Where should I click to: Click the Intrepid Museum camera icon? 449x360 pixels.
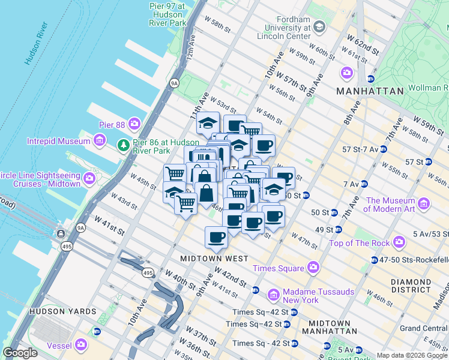tap(100, 141)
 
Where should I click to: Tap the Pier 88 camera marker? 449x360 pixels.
tap(134, 124)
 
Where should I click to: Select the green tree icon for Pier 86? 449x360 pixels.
tap(124, 145)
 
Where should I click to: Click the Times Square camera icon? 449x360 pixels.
tap(313, 268)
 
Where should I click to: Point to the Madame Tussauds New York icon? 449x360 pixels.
tap(274, 295)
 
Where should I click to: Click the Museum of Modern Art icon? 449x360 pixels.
tap(424, 205)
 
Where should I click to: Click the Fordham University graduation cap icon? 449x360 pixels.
tap(319, 26)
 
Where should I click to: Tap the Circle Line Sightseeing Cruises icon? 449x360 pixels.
tap(90, 178)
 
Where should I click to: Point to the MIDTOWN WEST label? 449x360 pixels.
tap(214, 258)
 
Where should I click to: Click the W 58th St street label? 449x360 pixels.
tap(217, 27)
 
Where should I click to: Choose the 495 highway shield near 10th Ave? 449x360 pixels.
tap(148, 273)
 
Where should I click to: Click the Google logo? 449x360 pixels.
tap(20, 352)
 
